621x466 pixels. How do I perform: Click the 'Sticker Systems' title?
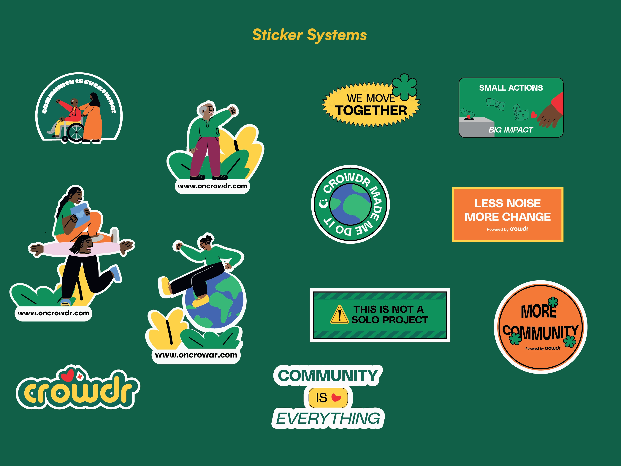click(x=309, y=35)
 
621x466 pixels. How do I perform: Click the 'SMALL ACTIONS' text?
click(x=511, y=88)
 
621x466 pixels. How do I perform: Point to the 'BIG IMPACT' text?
click(x=510, y=130)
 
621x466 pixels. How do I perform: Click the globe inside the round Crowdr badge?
click(x=350, y=204)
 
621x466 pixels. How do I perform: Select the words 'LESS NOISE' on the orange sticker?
click(x=507, y=203)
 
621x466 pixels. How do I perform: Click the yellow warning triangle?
click(x=339, y=315)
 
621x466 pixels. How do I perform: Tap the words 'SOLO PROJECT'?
click(x=390, y=320)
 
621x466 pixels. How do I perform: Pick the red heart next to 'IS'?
click(x=336, y=397)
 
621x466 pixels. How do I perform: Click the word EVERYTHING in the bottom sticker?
click(x=328, y=418)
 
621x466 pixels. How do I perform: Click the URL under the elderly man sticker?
click(x=212, y=186)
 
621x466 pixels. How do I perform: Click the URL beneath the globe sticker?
click(x=196, y=355)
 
